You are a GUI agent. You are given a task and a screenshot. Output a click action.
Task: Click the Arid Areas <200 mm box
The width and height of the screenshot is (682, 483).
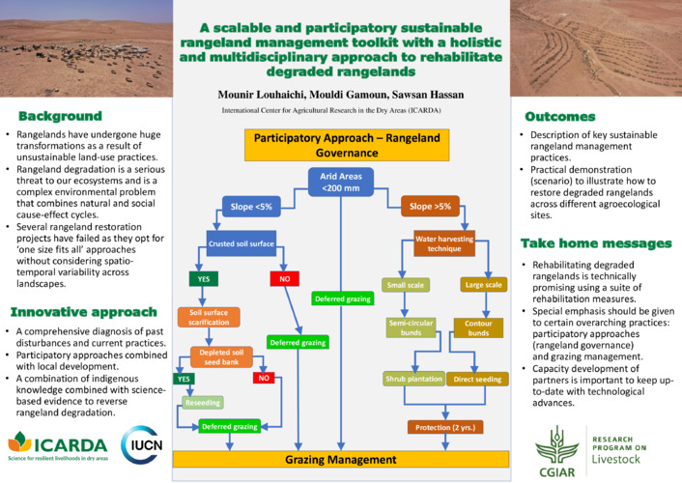pyautogui.click(x=341, y=181)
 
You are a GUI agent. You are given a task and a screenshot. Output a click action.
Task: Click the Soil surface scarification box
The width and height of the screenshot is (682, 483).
pyautogui.click(x=209, y=318)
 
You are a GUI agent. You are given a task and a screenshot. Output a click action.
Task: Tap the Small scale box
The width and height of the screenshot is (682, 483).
pyautogui.click(x=407, y=286)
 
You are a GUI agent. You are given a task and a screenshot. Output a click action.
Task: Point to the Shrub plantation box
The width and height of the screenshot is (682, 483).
pyautogui.click(x=413, y=380)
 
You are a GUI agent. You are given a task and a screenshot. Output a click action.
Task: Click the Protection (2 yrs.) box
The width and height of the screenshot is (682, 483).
pyautogui.click(x=443, y=426)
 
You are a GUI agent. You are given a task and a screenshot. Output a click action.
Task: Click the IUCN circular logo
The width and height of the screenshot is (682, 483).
pyautogui.click(x=141, y=442)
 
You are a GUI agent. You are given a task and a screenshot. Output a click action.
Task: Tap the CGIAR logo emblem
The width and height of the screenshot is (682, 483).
pyautogui.click(x=559, y=438)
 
